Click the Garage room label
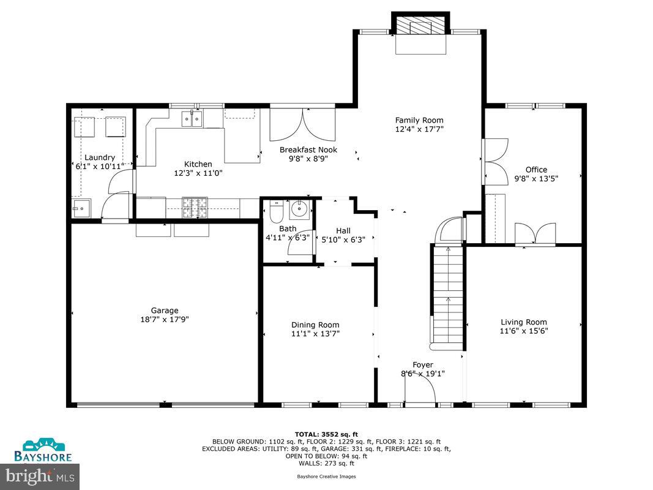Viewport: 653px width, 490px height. tap(165, 311)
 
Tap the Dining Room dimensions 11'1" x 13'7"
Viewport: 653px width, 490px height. tap(315, 334)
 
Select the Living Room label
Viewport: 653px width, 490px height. tap(523, 322)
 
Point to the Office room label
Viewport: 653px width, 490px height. tap(536, 170)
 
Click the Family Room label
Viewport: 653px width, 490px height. tap(419, 120)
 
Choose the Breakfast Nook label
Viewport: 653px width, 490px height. tap(317, 149)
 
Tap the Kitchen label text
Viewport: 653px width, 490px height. tap(198, 164)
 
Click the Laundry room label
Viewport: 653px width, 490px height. tap(100, 157)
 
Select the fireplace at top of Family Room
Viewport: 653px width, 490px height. tap(420, 26)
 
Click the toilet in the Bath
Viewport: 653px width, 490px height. tap(275, 211)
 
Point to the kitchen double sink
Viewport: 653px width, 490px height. tap(192, 118)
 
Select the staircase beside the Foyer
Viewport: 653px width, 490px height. tap(447, 294)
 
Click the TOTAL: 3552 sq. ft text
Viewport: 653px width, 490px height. tap(326, 434)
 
